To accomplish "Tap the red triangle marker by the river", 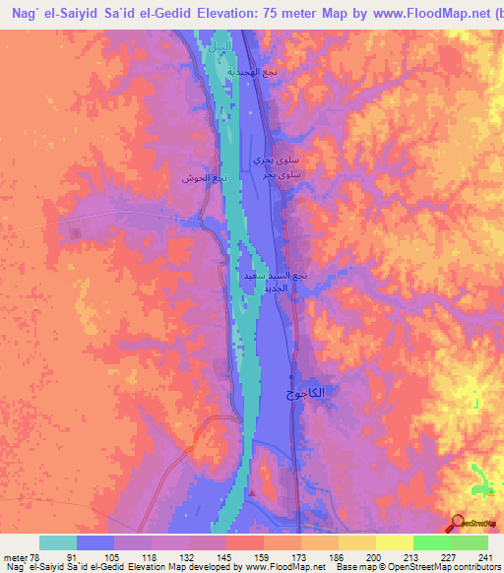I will (x=253, y=493).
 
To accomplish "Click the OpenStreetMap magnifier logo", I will (x=456, y=523).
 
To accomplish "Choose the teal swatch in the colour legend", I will (x=58, y=542).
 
